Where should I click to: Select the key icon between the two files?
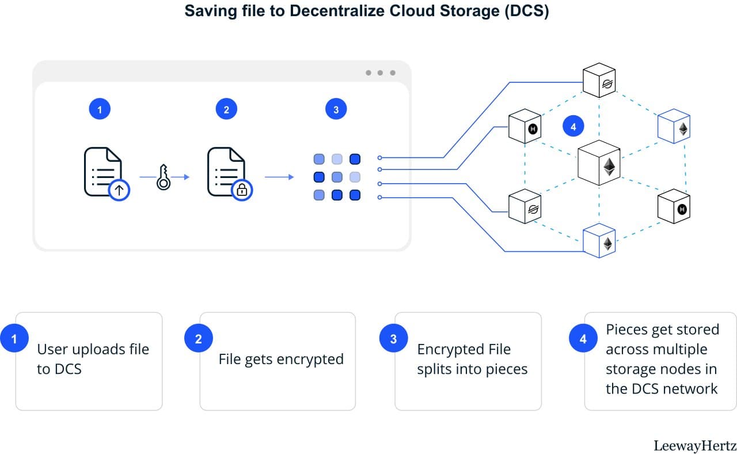tap(163, 177)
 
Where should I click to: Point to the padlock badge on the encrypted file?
tap(242, 190)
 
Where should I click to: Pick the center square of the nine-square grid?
tap(337, 177)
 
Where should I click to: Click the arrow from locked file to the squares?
tap(279, 177)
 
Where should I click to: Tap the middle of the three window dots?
tap(380, 73)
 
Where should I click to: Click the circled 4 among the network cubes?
tap(573, 127)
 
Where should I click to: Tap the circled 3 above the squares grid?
tap(336, 109)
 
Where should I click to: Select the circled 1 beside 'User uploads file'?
tap(14, 339)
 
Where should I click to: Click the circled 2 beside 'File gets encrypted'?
tap(198, 339)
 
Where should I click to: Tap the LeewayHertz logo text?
tap(694, 445)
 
